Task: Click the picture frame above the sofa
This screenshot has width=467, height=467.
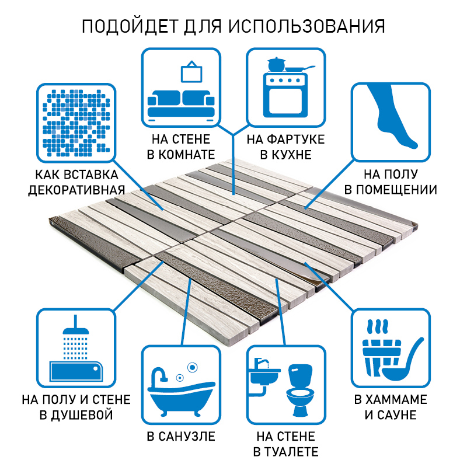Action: click(x=190, y=72)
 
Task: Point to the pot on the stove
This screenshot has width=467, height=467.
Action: click(x=274, y=64)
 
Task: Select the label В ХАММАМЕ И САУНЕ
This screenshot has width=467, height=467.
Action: click(x=391, y=407)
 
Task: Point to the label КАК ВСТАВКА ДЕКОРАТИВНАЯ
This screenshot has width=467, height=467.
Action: click(x=76, y=183)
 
